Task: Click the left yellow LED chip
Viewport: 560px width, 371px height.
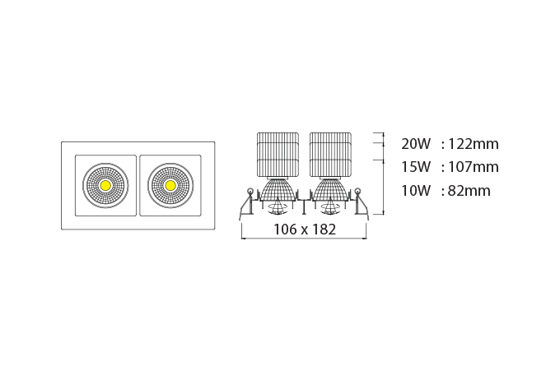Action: (x=105, y=186)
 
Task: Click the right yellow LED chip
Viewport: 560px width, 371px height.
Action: (x=170, y=186)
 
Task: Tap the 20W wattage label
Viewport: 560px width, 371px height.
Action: (x=416, y=144)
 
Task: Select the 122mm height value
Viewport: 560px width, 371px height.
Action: (x=474, y=144)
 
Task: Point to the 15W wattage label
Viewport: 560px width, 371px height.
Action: (x=416, y=167)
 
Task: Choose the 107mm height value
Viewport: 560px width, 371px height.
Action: (x=474, y=167)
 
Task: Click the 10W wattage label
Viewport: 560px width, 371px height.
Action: (x=416, y=191)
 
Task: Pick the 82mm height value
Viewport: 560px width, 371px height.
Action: (x=469, y=191)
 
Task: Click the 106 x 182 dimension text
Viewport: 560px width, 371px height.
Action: (x=305, y=230)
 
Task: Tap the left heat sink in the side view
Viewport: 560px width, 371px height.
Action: (x=278, y=155)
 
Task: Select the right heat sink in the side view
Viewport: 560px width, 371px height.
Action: (x=330, y=155)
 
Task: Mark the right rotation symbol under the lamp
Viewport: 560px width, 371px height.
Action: (x=330, y=208)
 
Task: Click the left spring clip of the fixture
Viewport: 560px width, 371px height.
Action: (x=247, y=202)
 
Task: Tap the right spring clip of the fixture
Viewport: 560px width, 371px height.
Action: (x=361, y=202)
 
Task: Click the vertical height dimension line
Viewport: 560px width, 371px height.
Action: (x=384, y=174)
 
